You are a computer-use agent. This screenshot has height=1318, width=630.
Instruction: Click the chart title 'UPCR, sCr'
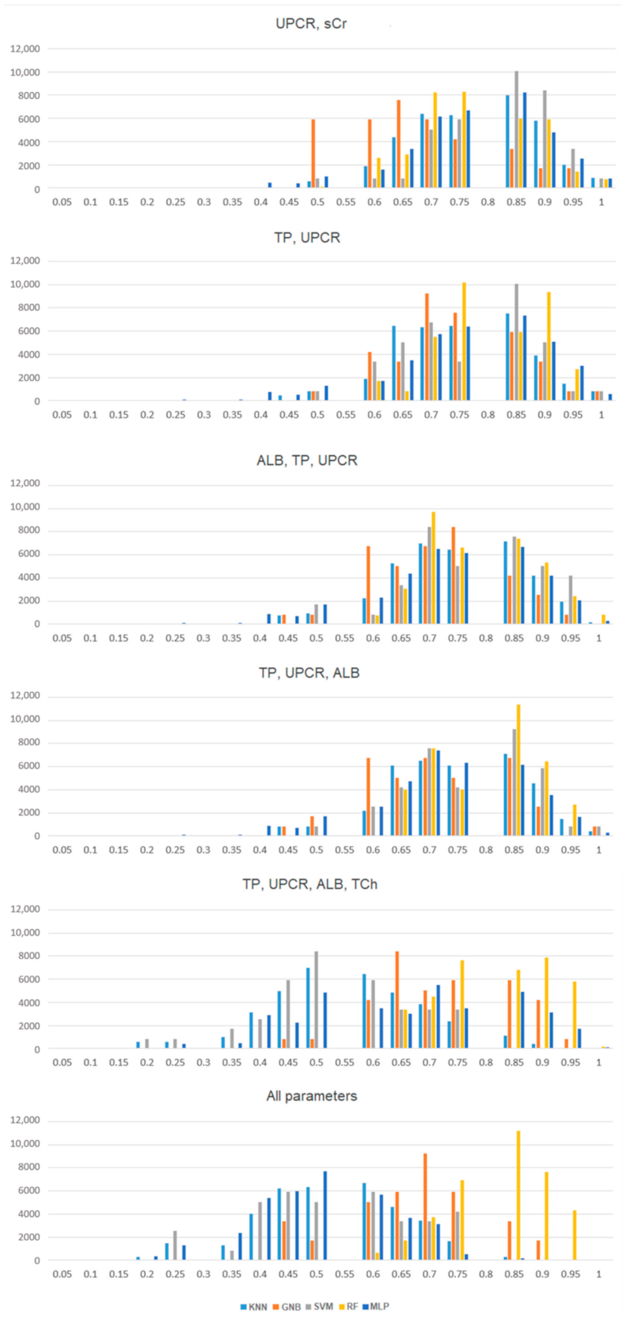pyautogui.click(x=311, y=24)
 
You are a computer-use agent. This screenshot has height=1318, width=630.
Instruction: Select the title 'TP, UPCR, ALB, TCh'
pyautogui.click(x=310, y=884)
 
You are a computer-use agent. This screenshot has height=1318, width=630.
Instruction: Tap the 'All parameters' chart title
pyautogui.click(x=311, y=1096)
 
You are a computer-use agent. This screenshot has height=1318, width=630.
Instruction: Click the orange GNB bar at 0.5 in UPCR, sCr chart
pyautogui.click(x=313, y=154)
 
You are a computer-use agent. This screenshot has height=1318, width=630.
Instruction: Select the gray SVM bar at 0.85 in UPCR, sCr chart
pyautogui.click(x=516, y=130)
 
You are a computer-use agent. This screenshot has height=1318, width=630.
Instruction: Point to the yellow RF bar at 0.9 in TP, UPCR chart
pyautogui.click(x=549, y=346)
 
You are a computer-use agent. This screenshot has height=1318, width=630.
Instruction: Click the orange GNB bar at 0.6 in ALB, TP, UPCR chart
pyautogui.click(x=368, y=585)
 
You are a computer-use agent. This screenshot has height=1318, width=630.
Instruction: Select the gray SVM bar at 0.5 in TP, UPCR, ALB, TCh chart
pyautogui.click(x=316, y=999)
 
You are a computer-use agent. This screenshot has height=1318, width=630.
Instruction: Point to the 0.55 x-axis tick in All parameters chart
pyautogui.click(x=345, y=1274)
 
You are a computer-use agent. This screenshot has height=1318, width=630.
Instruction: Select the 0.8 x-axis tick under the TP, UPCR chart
pyautogui.click(x=488, y=415)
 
